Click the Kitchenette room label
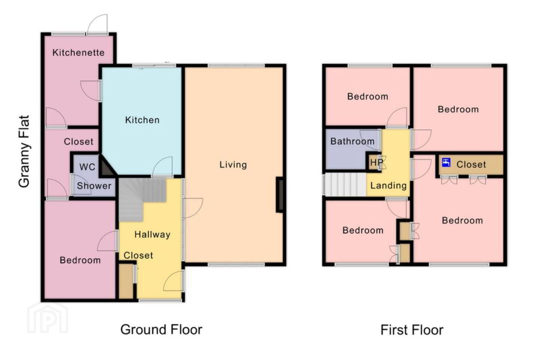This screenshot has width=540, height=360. [x=78, y=52]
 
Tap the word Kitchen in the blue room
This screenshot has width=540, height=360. [x=142, y=120]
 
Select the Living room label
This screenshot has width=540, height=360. [x=233, y=165]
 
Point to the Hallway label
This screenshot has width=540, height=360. [x=152, y=234]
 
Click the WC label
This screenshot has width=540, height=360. [x=87, y=167]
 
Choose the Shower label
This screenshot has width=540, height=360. [x=94, y=186]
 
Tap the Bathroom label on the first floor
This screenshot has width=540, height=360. [x=352, y=141]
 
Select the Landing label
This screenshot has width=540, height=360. [x=388, y=185]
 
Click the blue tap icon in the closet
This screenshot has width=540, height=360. [x=446, y=162]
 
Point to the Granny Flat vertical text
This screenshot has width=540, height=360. [x=24, y=151]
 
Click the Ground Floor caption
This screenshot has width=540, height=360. [x=161, y=330]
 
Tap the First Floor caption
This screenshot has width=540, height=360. [x=412, y=330]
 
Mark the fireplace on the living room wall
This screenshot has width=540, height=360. [x=280, y=195]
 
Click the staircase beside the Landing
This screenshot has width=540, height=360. [x=345, y=184]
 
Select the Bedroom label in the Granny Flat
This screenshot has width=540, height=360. [x=80, y=260]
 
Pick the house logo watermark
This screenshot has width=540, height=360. [x=48, y=318]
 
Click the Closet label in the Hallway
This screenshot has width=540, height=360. [x=138, y=255]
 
